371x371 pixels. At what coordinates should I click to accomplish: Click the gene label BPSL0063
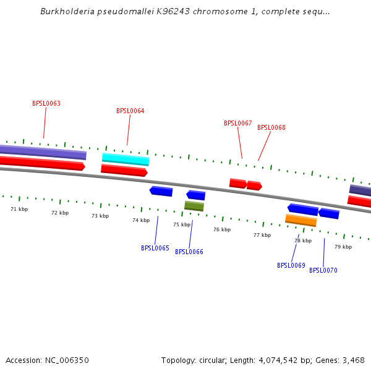click(46, 104)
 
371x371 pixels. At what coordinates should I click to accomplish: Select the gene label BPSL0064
click(130, 111)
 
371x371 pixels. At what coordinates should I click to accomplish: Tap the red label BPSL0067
click(238, 124)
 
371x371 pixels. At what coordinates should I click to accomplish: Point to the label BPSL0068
click(271, 128)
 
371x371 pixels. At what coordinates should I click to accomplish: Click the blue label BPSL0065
click(155, 249)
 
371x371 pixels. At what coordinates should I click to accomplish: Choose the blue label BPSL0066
click(189, 252)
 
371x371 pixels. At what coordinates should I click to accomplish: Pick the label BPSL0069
click(291, 266)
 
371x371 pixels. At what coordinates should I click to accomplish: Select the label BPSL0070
click(323, 271)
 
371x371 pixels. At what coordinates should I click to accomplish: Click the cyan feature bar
click(126, 159)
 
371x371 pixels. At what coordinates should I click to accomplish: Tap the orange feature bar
click(301, 220)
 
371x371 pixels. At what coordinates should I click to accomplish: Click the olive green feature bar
click(194, 206)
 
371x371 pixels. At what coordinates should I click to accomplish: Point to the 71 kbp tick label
click(19, 209)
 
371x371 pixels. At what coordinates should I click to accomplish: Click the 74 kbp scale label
click(141, 220)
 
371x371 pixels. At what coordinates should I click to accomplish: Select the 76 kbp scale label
click(222, 229)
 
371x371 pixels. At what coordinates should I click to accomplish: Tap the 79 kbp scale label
click(343, 247)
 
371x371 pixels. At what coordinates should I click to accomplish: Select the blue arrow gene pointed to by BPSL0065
click(161, 191)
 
